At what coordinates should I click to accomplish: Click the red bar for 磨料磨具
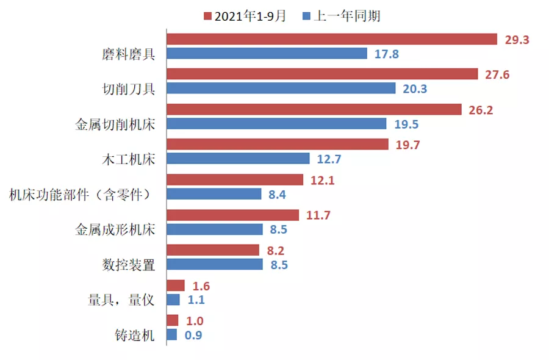pos(332,39)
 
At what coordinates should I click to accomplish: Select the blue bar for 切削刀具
pos(281,88)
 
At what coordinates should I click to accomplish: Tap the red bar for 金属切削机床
pos(314,109)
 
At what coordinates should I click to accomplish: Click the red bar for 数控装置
pos(213,250)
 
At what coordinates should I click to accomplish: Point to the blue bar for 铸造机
pos(171,334)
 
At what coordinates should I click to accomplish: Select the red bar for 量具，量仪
pos(176,285)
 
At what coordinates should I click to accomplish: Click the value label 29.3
pos(517,40)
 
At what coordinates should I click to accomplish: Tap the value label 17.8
pos(386,54)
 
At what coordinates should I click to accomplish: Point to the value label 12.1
pos(321,181)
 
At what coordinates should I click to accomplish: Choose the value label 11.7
pos(317,215)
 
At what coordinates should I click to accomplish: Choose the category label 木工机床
pos(128,160)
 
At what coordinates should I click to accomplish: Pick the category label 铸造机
pos(135,335)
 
